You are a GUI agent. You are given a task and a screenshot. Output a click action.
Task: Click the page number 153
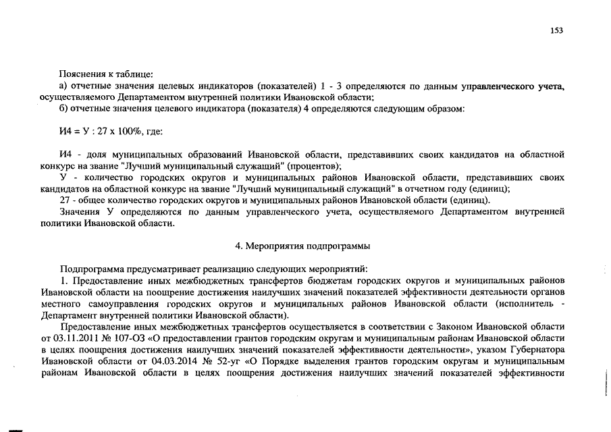click(x=557, y=30)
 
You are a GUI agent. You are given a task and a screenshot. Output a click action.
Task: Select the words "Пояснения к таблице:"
click(x=105, y=73)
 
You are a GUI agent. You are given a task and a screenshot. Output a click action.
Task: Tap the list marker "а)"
click(x=63, y=86)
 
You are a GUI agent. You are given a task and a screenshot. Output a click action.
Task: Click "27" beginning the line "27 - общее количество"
click(x=65, y=200)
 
